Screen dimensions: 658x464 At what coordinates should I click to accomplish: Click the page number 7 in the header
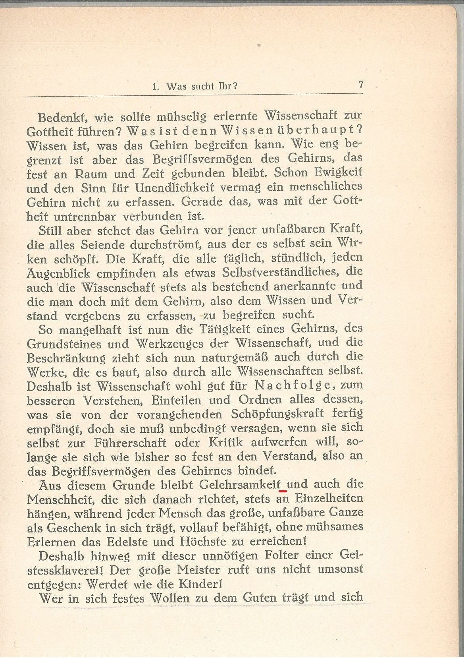pyautogui.click(x=361, y=85)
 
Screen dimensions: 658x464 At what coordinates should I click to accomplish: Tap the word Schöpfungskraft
pyautogui.click(x=283, y=414)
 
